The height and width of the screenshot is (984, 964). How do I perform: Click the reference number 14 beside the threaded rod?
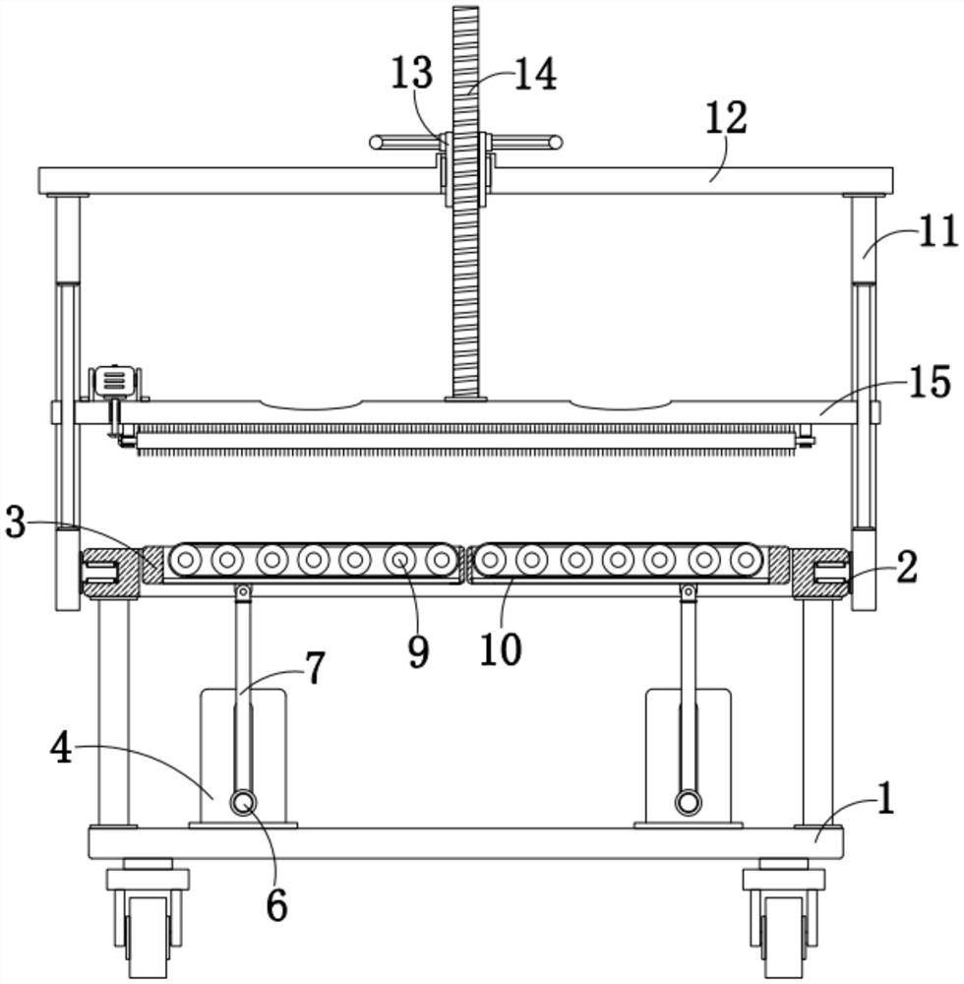535,75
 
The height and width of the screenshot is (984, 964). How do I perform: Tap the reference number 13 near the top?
411,75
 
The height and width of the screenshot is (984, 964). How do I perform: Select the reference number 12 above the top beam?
727,118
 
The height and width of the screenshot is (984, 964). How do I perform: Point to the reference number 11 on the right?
937,232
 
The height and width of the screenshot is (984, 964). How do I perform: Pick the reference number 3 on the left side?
15,524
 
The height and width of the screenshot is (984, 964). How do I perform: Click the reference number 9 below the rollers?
418,650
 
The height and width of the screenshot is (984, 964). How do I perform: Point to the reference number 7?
314,669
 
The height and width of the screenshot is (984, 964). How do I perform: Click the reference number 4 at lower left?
62,750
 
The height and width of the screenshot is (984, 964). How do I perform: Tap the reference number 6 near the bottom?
276,906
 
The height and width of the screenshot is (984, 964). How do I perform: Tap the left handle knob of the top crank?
376,143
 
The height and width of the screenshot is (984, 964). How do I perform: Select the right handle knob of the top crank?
556,143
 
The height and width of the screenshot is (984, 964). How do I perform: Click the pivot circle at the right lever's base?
688,803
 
